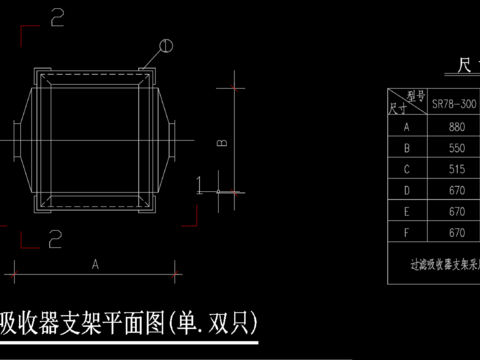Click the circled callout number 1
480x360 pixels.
click(x=166, y=45)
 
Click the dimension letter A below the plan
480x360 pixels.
click(x=95, y=265)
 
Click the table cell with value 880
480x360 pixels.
click(x=458, y=127)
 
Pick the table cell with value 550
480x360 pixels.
click(x=458, y=148)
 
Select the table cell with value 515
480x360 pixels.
click(x=458, y=169)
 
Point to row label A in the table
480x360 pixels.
click(x=407, y=127)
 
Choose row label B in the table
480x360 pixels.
click(x=407, y=148)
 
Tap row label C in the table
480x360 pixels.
click(x=407, y=169)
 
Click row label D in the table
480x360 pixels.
click(x=407, y=190)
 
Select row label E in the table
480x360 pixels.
click(x=407, y=211)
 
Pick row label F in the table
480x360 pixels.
click(x=407, y=232)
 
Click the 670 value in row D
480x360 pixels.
click(x=458, y=190)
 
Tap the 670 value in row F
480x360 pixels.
click(x=458, y=232)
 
